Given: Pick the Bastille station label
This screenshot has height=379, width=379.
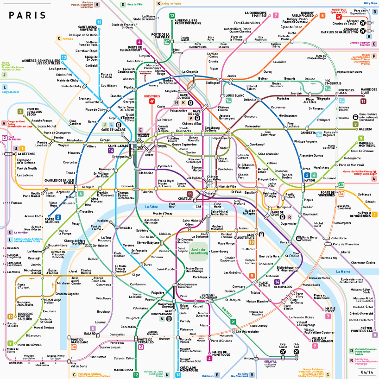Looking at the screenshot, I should tap(250, 191).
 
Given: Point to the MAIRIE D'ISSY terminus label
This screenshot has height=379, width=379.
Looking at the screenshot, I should tap(123, 370).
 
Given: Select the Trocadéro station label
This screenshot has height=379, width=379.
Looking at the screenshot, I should tap(86, 211).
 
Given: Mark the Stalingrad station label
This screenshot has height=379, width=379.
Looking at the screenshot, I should tap(213, 83).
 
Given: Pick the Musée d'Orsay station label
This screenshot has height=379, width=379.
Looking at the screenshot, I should tap(163, 213).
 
